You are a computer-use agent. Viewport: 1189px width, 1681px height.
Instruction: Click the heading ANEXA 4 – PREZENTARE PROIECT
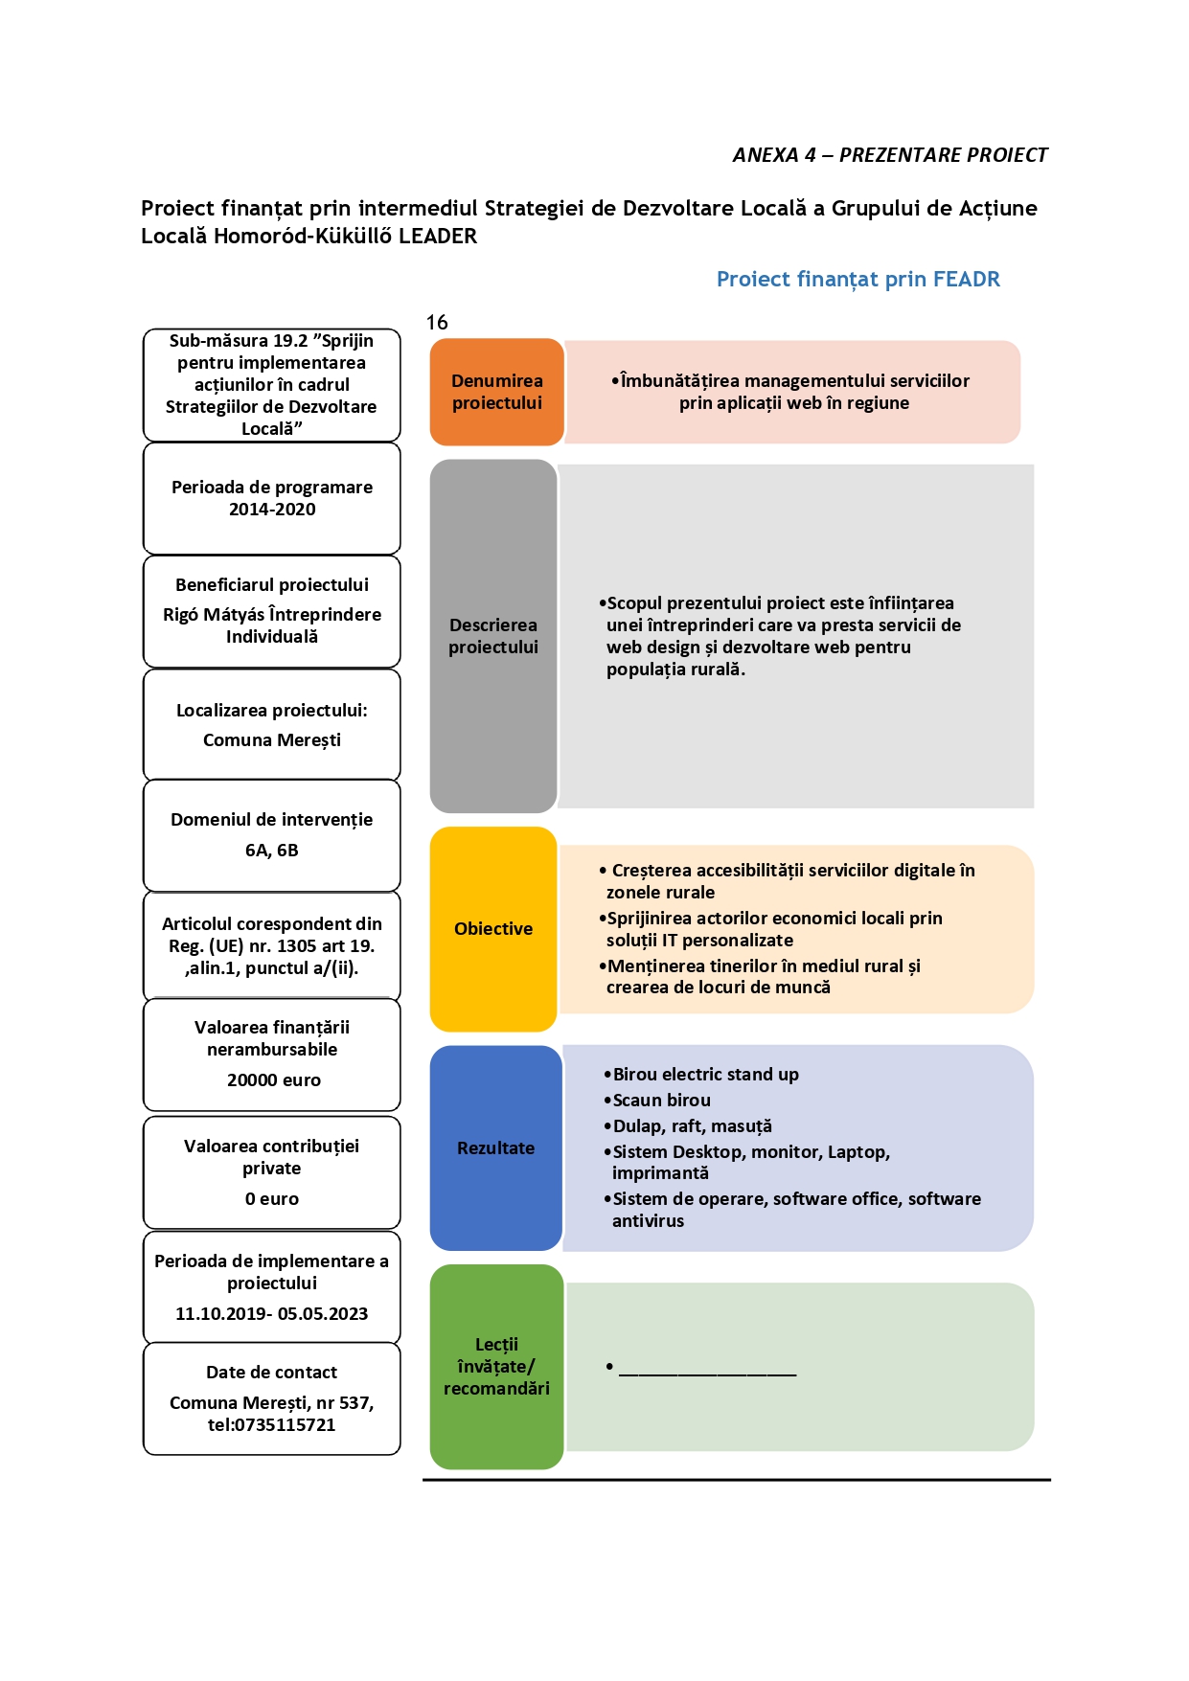click(890, 155)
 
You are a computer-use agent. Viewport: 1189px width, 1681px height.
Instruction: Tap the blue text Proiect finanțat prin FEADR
click(858, 279)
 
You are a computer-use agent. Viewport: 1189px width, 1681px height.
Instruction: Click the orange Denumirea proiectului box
click(496, 392)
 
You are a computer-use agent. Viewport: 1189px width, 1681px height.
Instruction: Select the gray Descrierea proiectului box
click(493, 636)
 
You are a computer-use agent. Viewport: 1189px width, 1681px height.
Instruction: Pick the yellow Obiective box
click(493, 929)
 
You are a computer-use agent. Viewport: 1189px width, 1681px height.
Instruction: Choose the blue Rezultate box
click(495, 1147)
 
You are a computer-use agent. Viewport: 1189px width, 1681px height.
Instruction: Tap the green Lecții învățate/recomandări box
click(496, 1367)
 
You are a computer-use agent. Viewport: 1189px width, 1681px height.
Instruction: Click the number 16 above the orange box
click(437, 323)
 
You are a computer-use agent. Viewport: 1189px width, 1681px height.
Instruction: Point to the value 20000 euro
click(274, 1080)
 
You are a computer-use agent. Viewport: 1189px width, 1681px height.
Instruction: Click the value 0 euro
click(272, 1199)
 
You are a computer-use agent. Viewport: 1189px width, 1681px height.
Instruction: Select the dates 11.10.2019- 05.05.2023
click(272, 1314)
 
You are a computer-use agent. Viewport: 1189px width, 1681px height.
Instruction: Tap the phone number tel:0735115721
click(272, 1425)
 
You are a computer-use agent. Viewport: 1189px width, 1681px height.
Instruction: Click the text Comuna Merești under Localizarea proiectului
click(272, 740)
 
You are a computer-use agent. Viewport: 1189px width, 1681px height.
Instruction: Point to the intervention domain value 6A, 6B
click(272, 851)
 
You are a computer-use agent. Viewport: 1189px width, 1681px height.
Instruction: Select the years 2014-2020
click(272, 510)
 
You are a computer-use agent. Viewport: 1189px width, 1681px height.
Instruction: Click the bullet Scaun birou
click(657, 1101)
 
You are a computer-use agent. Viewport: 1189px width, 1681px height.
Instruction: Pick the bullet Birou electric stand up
click(701, 1075)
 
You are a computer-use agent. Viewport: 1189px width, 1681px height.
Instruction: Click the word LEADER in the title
click(438, 237)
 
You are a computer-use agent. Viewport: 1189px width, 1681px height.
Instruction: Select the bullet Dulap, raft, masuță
click(688, 1126)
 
